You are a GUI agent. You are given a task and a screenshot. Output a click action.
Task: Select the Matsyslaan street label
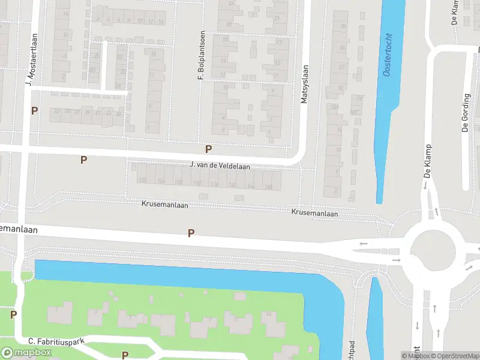coord(305,84)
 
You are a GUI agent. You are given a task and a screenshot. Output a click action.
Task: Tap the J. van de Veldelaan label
coord(220,166)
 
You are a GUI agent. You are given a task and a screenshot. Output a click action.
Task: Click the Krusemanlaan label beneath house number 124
coord(165,205)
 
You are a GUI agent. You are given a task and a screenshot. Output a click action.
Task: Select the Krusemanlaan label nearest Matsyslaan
coord(314,213)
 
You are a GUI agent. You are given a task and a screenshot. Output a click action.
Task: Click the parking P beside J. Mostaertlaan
coord(34,110)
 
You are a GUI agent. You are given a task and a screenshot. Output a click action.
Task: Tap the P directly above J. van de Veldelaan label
coord(208,149)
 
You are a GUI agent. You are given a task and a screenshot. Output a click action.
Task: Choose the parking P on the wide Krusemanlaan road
coord(191,233)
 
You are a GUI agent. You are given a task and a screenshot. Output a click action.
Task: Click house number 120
coord(142,181)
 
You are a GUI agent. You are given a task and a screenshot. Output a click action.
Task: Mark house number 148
coord(268,187)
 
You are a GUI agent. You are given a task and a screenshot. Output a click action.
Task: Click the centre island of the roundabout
coord(436,251)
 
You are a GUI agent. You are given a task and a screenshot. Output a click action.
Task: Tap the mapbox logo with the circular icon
coord(26,353)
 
